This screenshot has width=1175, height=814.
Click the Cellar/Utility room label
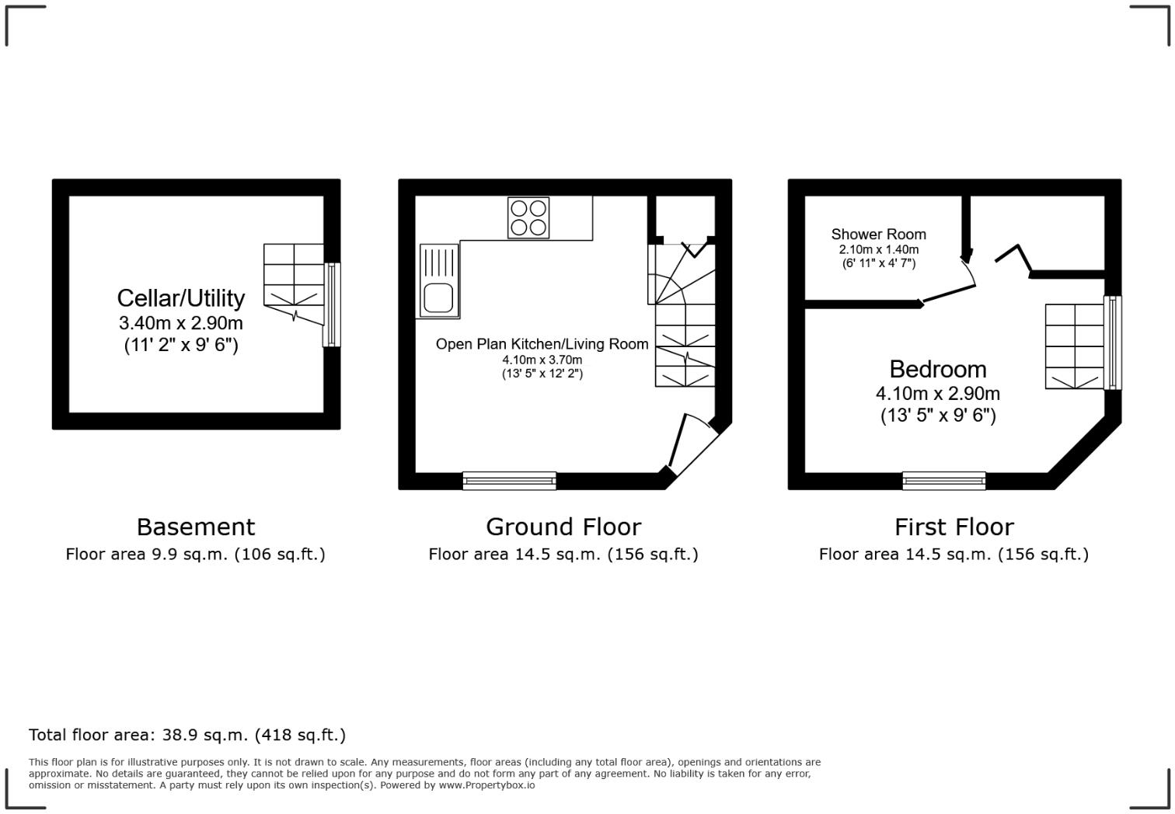click(x=180, y=298)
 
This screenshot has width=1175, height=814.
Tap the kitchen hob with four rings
click(x=528, y=217)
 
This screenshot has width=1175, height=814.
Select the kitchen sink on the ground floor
click(x=439, y=280)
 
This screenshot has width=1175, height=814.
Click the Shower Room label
click(x=878, y=234)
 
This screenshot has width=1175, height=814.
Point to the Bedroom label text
click(x=937, y=369)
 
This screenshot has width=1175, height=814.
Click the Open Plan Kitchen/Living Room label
click(x=542, y=344)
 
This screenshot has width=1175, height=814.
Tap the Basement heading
click(x=195, y=527)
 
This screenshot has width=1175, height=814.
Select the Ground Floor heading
click(x=563, y=527)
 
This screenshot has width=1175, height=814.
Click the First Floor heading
click(x=954, y=527)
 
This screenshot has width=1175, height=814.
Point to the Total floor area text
click(x=187, y=735)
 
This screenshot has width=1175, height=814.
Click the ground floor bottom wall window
click(x=509, y=481)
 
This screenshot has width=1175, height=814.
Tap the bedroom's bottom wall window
click(x=943, y=481)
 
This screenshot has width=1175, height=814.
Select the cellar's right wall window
click(x=332, y=304)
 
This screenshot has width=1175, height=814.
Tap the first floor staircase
click(x=1074, y=346)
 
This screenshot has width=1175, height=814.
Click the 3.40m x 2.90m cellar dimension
click(x=180, y=323)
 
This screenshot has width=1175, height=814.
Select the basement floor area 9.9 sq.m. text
click(x=195, y=555)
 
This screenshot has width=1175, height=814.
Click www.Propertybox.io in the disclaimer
click(x=486, y=785)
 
